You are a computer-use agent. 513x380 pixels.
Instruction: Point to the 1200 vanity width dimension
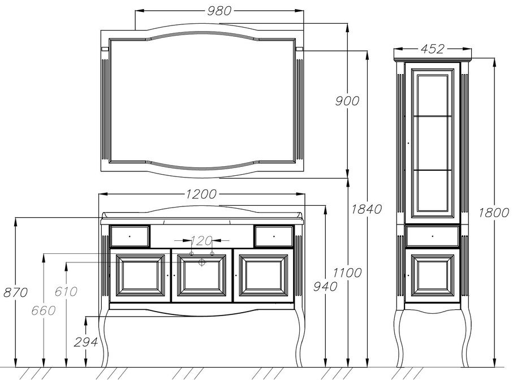tap(201, 194)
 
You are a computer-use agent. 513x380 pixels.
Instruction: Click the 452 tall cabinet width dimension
tap(432, 49)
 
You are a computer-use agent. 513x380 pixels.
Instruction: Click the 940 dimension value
tap(324, 286)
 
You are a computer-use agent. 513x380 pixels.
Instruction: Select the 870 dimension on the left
tap(15, 292)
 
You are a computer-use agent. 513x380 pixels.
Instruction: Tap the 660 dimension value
tap(44, 310)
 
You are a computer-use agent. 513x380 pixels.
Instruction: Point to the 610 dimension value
tap(67, 292)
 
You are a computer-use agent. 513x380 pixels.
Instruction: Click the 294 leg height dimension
tap(85, 342)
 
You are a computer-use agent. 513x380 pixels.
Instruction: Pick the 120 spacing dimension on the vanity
tap(201, 240)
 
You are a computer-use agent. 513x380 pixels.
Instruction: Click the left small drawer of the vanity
tap(130, 236)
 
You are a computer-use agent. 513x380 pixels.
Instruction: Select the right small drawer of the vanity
tap(273, 236)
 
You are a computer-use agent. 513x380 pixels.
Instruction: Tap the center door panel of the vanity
tap(201, 275)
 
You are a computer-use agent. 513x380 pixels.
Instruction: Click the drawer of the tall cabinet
tap(432, 235)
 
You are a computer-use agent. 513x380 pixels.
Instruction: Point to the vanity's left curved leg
tap(104, 339)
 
